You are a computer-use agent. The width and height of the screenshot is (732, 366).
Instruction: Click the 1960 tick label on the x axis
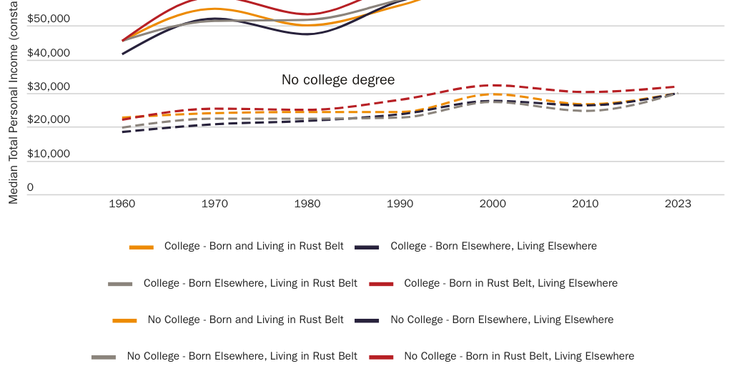pyautogui.click(x=122, y=204)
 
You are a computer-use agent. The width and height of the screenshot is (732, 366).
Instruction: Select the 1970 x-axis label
pyautogui.click(x=214, y=204)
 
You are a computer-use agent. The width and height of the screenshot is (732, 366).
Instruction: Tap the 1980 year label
pyautogui.click(x=307, y=204)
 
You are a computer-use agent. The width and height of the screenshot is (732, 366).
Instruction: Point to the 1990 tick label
pyautogui.click(x=400, y=204)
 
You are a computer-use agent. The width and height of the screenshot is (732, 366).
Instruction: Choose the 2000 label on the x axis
pyautogui.click(x=493, y=204)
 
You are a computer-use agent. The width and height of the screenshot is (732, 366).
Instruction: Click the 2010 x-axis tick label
pyautogui.click(x=585, y=204)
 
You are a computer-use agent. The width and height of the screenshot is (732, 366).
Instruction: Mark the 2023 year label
pyautogui.click(x=678, y=204)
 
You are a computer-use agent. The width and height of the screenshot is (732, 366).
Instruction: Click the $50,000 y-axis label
pyautogui.click(x=49, y=19)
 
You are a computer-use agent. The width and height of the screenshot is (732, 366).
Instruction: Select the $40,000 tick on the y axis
pyautogui.click(x=49, y=53)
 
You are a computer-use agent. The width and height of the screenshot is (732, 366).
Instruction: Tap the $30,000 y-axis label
pyautogui.click(x=49, y=86)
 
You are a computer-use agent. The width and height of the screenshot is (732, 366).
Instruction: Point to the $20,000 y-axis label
pyautogui.click(x=49, y=119)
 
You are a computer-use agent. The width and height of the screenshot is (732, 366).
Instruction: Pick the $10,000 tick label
pyautogui.click(x=49, y=153)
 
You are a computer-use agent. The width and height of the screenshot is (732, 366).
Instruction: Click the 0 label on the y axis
pyautogui.click(x=30, y=187)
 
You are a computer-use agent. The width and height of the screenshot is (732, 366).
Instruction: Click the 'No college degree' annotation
pyautogui.click(x=338, y=79)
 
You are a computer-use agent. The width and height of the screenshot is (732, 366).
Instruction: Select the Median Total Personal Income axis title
pyautogui.click(x=13, y=107)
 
